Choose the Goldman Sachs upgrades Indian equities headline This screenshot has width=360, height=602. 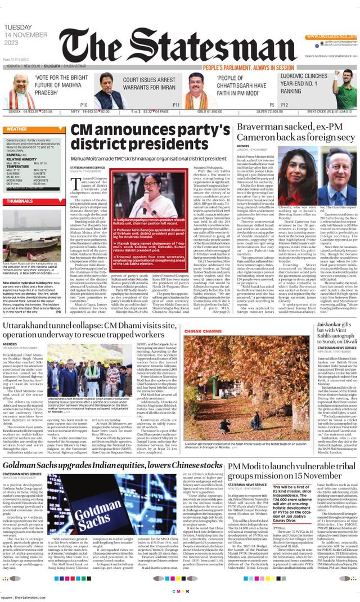pos(112,466)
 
